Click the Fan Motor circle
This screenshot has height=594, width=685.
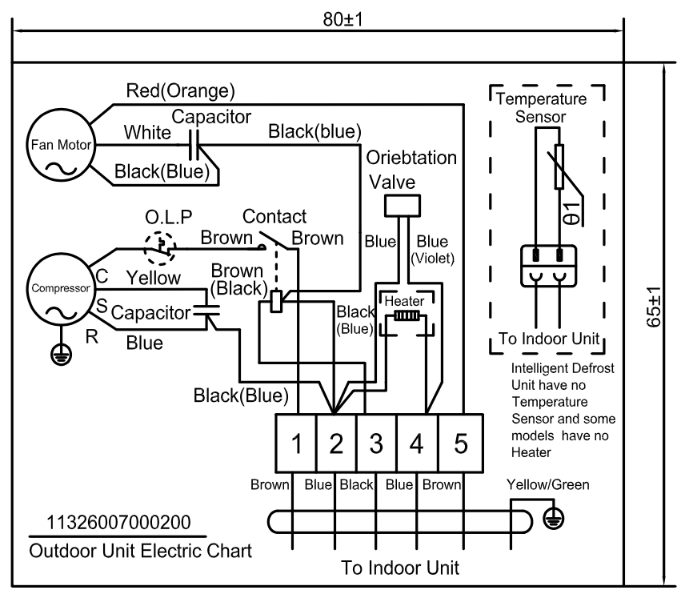59,146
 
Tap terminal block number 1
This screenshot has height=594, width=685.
296,443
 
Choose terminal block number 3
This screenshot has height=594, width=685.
377,443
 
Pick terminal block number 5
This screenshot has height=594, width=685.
461,443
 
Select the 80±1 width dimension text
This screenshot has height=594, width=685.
342,19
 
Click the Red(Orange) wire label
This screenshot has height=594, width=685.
181,90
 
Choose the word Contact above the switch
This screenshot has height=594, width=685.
274,217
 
